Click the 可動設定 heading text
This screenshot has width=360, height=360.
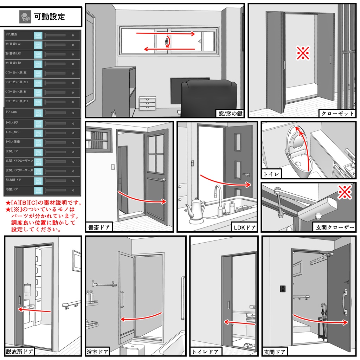tap(49, 17)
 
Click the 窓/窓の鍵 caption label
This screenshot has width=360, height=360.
tap(230, 113)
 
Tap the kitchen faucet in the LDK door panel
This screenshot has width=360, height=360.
tap(220, 200)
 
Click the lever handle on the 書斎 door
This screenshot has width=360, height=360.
tap(161, 180)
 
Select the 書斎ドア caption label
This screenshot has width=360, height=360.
tap(99, 227)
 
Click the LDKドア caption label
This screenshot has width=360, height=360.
tap(244, 227)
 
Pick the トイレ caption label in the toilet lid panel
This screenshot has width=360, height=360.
tap(271, 174)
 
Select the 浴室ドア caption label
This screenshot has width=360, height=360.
tap(97, 351)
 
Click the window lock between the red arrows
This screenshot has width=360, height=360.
tap(166, 41)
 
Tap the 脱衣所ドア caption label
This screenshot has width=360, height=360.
tap(20, 351)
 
